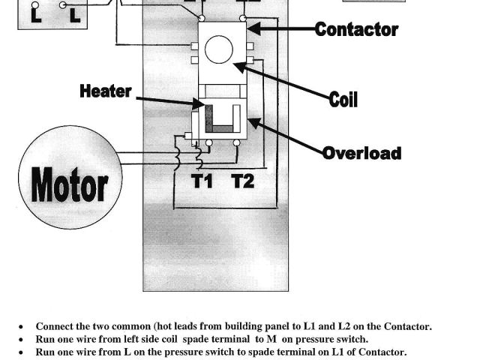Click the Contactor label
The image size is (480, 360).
point(356,30)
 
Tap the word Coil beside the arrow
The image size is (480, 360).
point(343,99)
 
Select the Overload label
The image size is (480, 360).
point(361,154)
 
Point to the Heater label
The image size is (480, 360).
point(106,91)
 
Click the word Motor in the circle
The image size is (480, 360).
point(69,184)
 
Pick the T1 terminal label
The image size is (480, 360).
point(202,181)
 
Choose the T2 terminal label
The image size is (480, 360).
point(242,181)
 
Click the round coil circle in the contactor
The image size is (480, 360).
point(219,49)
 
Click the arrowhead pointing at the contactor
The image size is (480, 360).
point(252,29)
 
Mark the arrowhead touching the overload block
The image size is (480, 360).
point(253,122)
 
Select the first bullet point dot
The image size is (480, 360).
point(21,327)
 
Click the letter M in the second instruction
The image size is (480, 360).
point(271,339)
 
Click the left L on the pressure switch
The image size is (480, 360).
point(35,13)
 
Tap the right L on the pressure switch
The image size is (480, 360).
point(75,13)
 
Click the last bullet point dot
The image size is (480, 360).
point(21,352)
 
